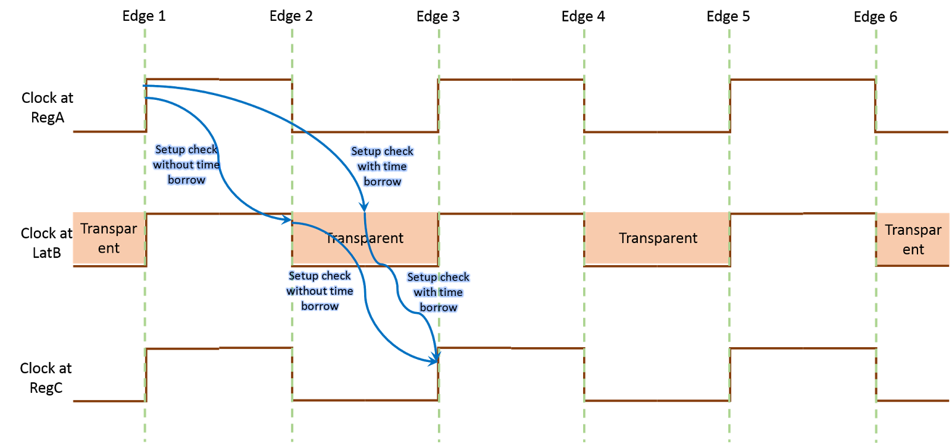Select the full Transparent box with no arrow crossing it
(657, 238)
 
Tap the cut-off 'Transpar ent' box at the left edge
(108, 238)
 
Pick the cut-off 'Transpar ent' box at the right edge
(913, 239)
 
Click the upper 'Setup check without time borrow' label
(186, 165)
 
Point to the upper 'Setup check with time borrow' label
(382, 166)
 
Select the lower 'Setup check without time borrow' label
(320, 291)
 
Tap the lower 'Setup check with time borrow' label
(438, 292)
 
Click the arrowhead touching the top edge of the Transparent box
(365, 207)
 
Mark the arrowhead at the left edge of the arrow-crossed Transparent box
(288, 221)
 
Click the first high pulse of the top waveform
(218, 79)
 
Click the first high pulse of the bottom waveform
(218, 348)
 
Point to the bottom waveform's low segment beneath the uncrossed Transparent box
(657, 401)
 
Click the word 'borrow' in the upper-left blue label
(186, 180)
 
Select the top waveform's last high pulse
(802, 79)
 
